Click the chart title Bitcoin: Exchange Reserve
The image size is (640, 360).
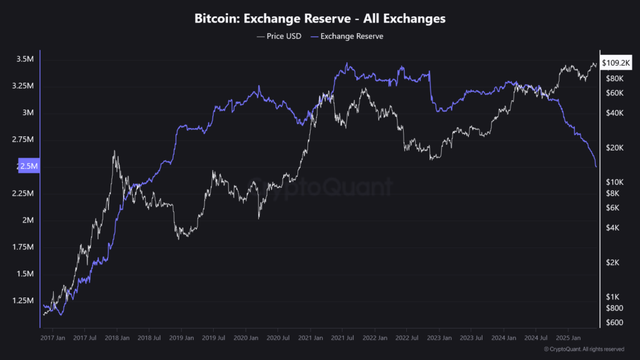point(320,19)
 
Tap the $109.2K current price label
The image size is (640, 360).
point(616,63)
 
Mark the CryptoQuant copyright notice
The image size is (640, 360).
point(584,349)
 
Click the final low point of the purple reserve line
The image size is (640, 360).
point(596,167)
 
